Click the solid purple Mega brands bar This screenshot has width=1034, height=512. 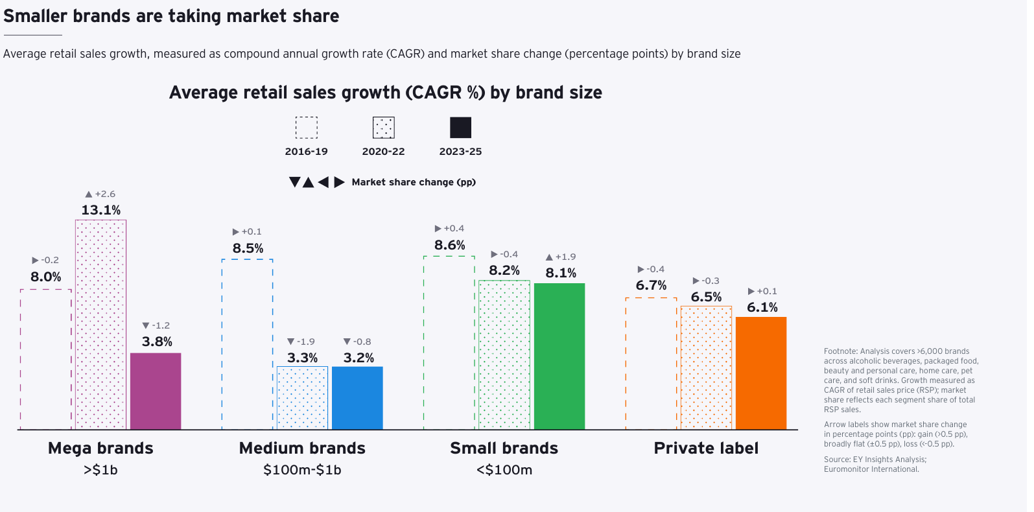pyautogui.click(x=156, y=391)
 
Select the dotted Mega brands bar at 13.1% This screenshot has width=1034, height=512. pyautogui.click(x=100, y=325)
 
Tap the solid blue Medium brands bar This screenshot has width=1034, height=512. pyautogui.click(x=357, y=398)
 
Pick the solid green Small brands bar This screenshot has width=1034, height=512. pyautogui.click(x=559, y=356)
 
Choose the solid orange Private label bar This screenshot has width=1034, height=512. pyautogui.click(x=761, y=373)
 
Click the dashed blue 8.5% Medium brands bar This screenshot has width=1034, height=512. pyautogui.click(x=248, y=344)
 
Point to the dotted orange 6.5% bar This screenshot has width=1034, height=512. pyautogui.click(x=706, y=367)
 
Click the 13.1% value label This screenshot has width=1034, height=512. pyautogui.click(x=101, y=210)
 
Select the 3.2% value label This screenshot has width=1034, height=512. pyautogui.click(x=358, y=358)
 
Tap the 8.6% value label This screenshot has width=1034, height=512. pyautogui.click(x=450, y=245)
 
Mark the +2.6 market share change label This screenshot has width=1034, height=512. pyautogui.click(x=100, y=194)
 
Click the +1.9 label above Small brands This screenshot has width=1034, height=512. pyautogui.click(x=561, y=257)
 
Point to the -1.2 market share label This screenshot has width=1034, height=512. pyautogui.click(x=156, y=325)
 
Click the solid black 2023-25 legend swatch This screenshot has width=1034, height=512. pyautogui.click(x=461, y=128)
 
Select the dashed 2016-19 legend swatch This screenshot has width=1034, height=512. pyautogui.click(x=307, y=128)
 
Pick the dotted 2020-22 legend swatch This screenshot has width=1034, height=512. pyautogui.click(x=384, y=128)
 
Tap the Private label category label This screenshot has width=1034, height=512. pyautogui.click(x=706, y=448)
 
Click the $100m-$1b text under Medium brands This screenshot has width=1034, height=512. pyautogui.click(x=302, y=470)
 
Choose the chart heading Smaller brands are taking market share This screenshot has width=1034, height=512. pyautogui.click(x=171, y=16)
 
